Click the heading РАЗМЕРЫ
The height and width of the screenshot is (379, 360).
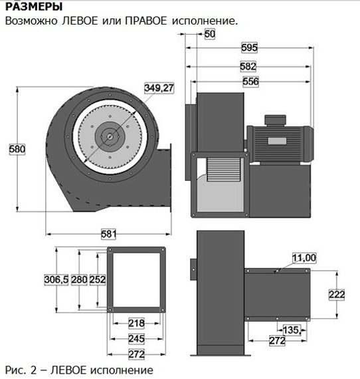(34, 7)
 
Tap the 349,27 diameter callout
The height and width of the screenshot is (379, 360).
(159, 87)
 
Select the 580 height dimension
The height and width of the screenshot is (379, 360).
(17, 150)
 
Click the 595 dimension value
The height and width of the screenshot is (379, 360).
(250, 47)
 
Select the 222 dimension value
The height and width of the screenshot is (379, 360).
(337, 294)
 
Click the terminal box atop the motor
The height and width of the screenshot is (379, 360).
(274, 120)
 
